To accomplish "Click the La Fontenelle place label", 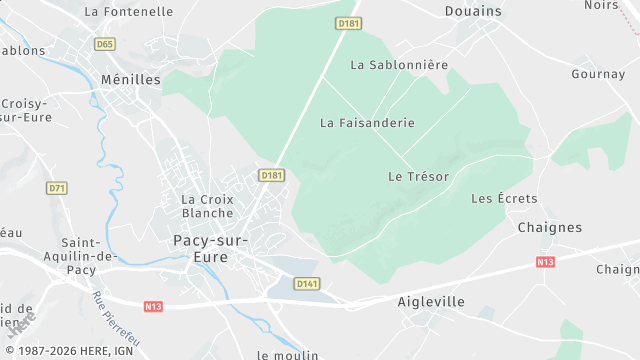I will coord(129,12).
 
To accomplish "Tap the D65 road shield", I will coord(104,44).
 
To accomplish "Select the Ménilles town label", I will coord(130,79).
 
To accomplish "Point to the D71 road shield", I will coord(57,188).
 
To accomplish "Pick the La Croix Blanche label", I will coord(207,206).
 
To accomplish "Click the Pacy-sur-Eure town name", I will coord(214,249).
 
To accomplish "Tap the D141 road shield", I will coord(307,284).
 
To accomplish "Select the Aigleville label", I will coord(431,301).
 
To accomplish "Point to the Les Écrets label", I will coord(504,199).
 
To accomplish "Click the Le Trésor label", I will coord(418,176).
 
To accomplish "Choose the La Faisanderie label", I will coord(367,123).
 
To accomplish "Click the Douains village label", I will coord(473,11).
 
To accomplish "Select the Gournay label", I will coord(597,74).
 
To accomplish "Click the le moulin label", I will coord(287,354).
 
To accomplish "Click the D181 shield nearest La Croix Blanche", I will coord(271,175).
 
